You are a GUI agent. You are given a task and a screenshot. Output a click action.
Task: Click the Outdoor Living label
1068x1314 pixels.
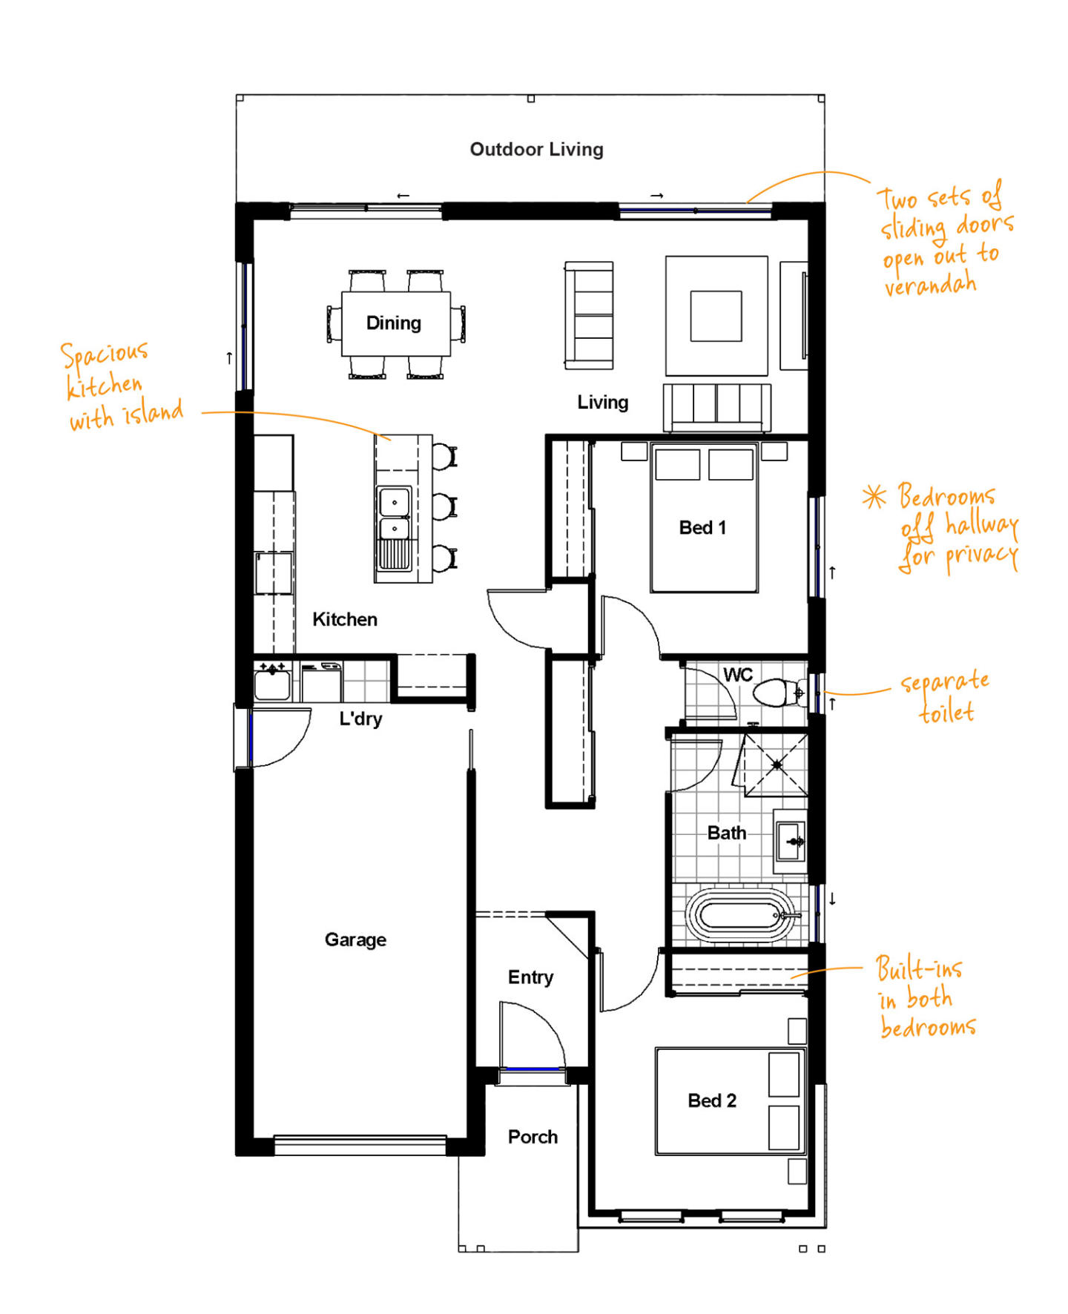[x=536, y=150]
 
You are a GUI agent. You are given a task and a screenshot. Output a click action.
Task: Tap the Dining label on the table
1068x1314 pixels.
[x=394, y=323]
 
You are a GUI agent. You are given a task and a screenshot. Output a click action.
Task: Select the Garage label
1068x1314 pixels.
[x=355, y=940]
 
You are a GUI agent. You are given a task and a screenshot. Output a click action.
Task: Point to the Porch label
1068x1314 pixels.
[x=533, y=1137]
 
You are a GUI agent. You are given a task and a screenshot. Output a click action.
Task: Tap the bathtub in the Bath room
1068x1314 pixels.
[x=739, y=916]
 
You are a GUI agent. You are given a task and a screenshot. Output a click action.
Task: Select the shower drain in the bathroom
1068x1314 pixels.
[x=777, y=764]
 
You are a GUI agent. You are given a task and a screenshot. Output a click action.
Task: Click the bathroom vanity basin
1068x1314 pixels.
[x=791, y=842]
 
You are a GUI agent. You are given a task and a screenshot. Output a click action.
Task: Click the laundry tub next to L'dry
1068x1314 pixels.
[x=272, y=682]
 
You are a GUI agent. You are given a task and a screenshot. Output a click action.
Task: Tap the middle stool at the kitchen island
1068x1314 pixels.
[x=444, y=506]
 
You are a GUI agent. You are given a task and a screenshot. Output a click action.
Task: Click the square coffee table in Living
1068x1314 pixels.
[x=716, y=316]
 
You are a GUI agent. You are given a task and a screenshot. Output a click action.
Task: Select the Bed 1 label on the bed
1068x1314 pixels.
[x=702, y=528]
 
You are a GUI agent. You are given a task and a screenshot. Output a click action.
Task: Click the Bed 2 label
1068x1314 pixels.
[x=712, y=1100]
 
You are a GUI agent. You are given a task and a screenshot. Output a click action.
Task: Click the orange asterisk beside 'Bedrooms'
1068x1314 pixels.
[x=874, y=497]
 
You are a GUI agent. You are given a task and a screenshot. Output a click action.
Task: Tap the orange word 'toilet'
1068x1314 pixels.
[x=946, y=712]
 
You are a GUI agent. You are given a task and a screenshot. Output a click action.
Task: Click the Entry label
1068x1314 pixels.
[x=530, y=977]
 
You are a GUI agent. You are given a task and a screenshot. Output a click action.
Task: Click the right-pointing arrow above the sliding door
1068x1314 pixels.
[x=657, y=196]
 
